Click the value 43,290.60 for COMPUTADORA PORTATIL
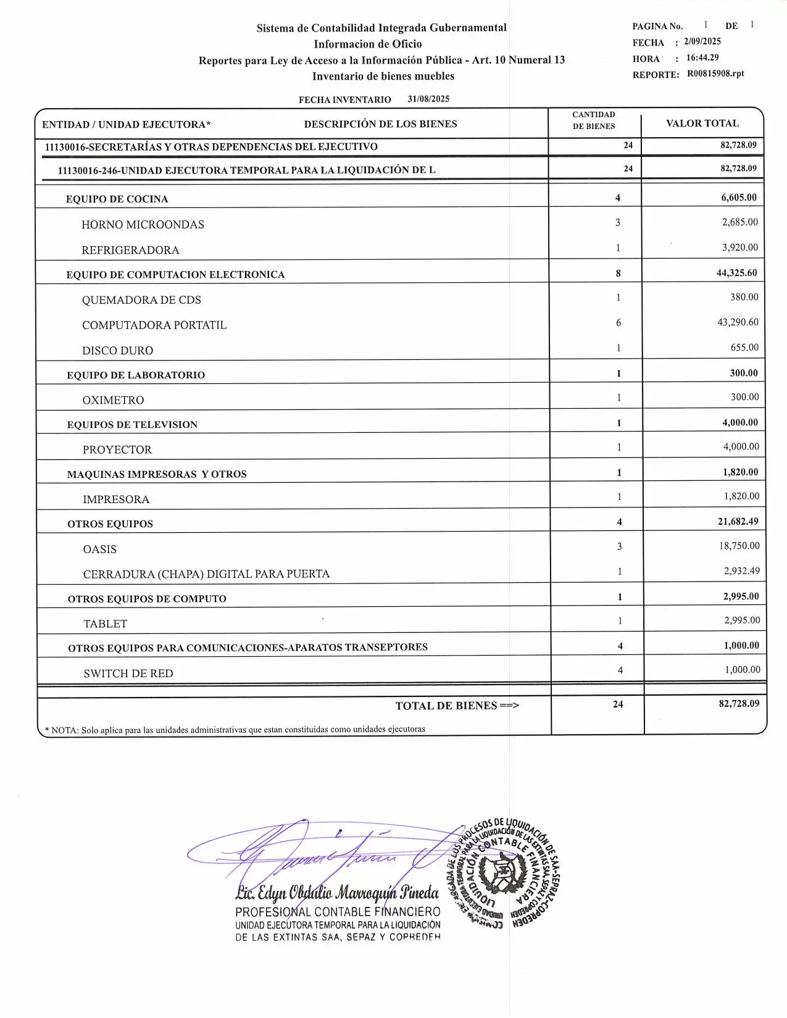coord(738,322)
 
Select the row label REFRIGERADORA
coord(130,250)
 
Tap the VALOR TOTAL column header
coord(702,123)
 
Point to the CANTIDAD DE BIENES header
coord(594,120)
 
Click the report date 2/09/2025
coord(702,41)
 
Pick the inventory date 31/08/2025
coord(428,99)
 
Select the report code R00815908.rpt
coord(715,73)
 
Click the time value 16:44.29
coord(702,57)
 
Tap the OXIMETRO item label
coord(113,400)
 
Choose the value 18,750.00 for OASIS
coord(739,546)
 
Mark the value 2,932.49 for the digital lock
coord(742,571)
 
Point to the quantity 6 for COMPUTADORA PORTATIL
coord(618,323)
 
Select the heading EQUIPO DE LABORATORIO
coord(136,375)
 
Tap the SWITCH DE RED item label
coord(128,674)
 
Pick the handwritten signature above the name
coord(321,852)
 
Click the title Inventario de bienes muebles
coord(383,77)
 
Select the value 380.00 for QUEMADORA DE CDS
coord(744,298)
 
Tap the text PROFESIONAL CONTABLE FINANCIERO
coord(338,912)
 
